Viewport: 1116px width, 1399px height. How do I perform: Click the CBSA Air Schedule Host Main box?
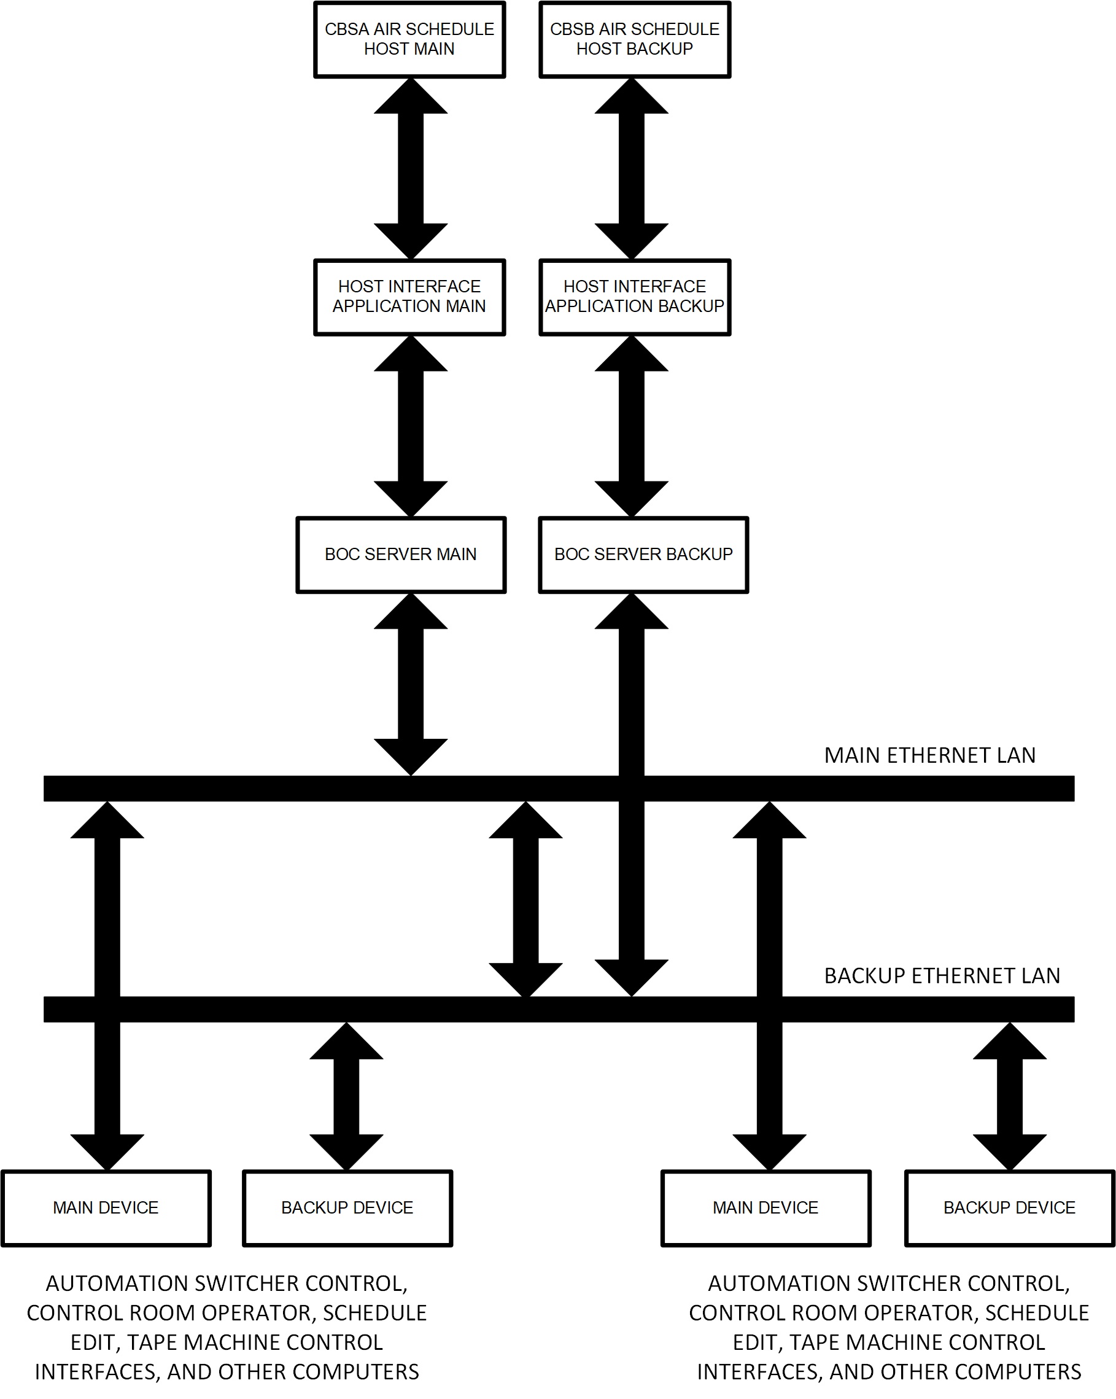point(409,39)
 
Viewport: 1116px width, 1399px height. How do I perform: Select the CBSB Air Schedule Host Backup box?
point(634,39)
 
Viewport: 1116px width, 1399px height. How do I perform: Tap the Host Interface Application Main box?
point(409,297)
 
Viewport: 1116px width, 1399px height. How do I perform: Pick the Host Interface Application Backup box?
point(634,297)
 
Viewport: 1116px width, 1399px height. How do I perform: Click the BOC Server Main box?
point(401,554)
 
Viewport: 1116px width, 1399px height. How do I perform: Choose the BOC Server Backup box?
point(643,554)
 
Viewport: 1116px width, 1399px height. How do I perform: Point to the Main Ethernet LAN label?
point(929,755)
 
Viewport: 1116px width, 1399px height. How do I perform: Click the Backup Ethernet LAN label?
point(942,976)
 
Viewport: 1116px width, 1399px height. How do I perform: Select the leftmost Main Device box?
point(106,1207)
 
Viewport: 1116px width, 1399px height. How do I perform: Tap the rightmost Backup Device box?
point(1009,1207)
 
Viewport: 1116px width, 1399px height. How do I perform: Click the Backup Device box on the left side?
point(347,1207)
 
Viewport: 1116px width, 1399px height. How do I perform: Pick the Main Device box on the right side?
point(765,1207)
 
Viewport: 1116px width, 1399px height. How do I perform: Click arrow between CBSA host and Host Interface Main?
point(411,169)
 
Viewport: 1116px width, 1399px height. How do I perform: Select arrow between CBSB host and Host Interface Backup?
point(631,169)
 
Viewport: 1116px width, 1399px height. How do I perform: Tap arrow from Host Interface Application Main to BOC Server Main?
point(411,426)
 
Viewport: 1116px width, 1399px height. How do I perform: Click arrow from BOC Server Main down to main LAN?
point(411,684)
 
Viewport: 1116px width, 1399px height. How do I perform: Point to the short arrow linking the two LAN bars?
point(525,899)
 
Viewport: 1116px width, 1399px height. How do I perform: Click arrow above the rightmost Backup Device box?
point(1010,1097)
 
